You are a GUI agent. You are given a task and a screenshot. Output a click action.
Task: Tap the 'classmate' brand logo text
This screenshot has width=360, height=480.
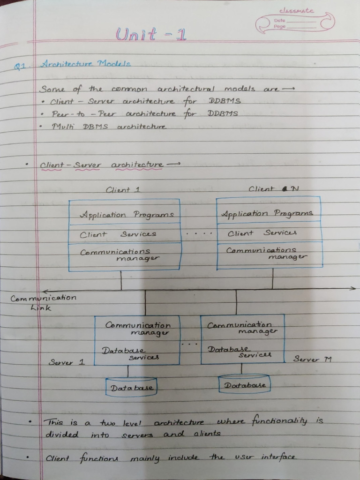tap(297, 11)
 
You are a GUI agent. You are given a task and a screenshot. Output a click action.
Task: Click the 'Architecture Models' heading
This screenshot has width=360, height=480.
tap(85, 64)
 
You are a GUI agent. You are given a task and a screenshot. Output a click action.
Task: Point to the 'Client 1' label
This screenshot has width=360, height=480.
tap(123, 190)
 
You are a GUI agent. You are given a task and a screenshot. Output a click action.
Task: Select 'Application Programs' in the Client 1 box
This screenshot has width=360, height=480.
tap(127, 215)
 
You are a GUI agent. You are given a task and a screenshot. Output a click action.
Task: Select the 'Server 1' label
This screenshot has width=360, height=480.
tap(67, 362)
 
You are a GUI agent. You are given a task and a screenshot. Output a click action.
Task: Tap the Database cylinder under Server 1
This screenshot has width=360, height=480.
tap(131, 387)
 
